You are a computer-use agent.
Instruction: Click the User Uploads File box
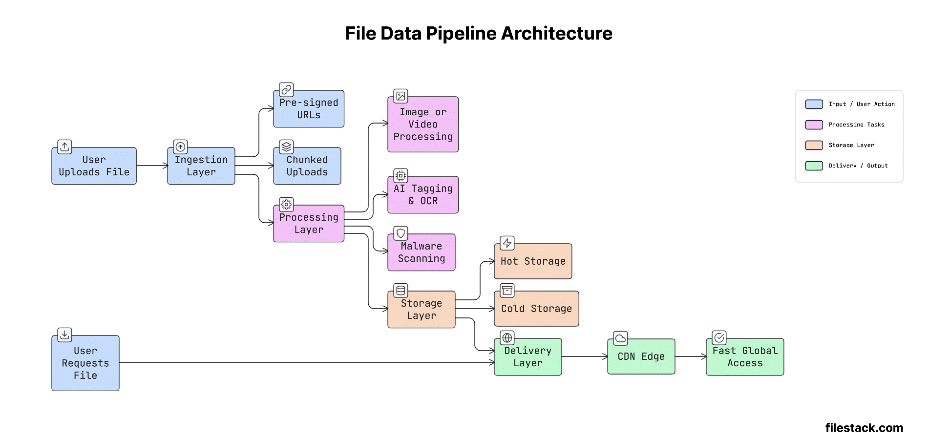click(94, 166)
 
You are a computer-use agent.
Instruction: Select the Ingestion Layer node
click(201, 166)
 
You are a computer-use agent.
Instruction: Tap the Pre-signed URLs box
click(308, 109)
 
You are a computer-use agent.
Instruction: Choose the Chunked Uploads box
click(307, 166)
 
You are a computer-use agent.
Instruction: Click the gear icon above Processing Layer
click(286, 204)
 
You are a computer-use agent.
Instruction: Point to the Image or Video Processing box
click(422, 125)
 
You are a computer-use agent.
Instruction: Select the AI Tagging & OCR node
click(422, 195)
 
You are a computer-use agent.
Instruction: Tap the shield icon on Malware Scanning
click(401, 233)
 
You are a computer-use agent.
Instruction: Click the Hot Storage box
click(532, 261)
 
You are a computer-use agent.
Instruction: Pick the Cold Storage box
click(536, 309)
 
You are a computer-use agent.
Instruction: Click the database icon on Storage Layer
click(401, 291)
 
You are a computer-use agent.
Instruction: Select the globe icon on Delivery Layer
click(507, 337)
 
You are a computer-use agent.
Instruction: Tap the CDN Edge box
click(641, 356)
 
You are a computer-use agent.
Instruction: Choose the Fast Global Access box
click(744, 357)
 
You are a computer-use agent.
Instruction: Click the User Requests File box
click(85, 363)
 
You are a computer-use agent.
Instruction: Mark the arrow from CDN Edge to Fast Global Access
click(690, 356)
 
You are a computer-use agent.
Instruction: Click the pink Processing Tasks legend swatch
click(814, 125)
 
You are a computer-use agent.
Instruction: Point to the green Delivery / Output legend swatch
click(814, 166)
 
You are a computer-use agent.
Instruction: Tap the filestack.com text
click(864, 428)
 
